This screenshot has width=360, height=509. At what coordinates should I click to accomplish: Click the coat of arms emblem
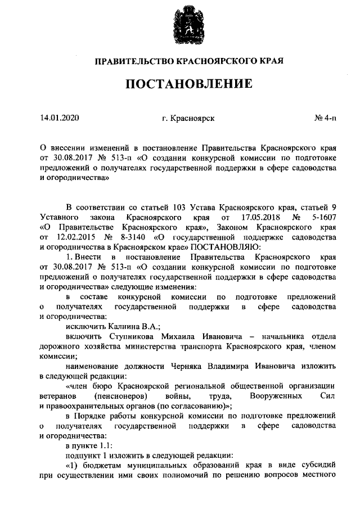[188, 26]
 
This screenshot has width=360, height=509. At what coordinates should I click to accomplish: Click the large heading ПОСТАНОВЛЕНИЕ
[188, 85]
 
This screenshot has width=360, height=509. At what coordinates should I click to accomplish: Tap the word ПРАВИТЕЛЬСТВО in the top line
[133, 59]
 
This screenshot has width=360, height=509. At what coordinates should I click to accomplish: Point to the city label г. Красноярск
[187, 118]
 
